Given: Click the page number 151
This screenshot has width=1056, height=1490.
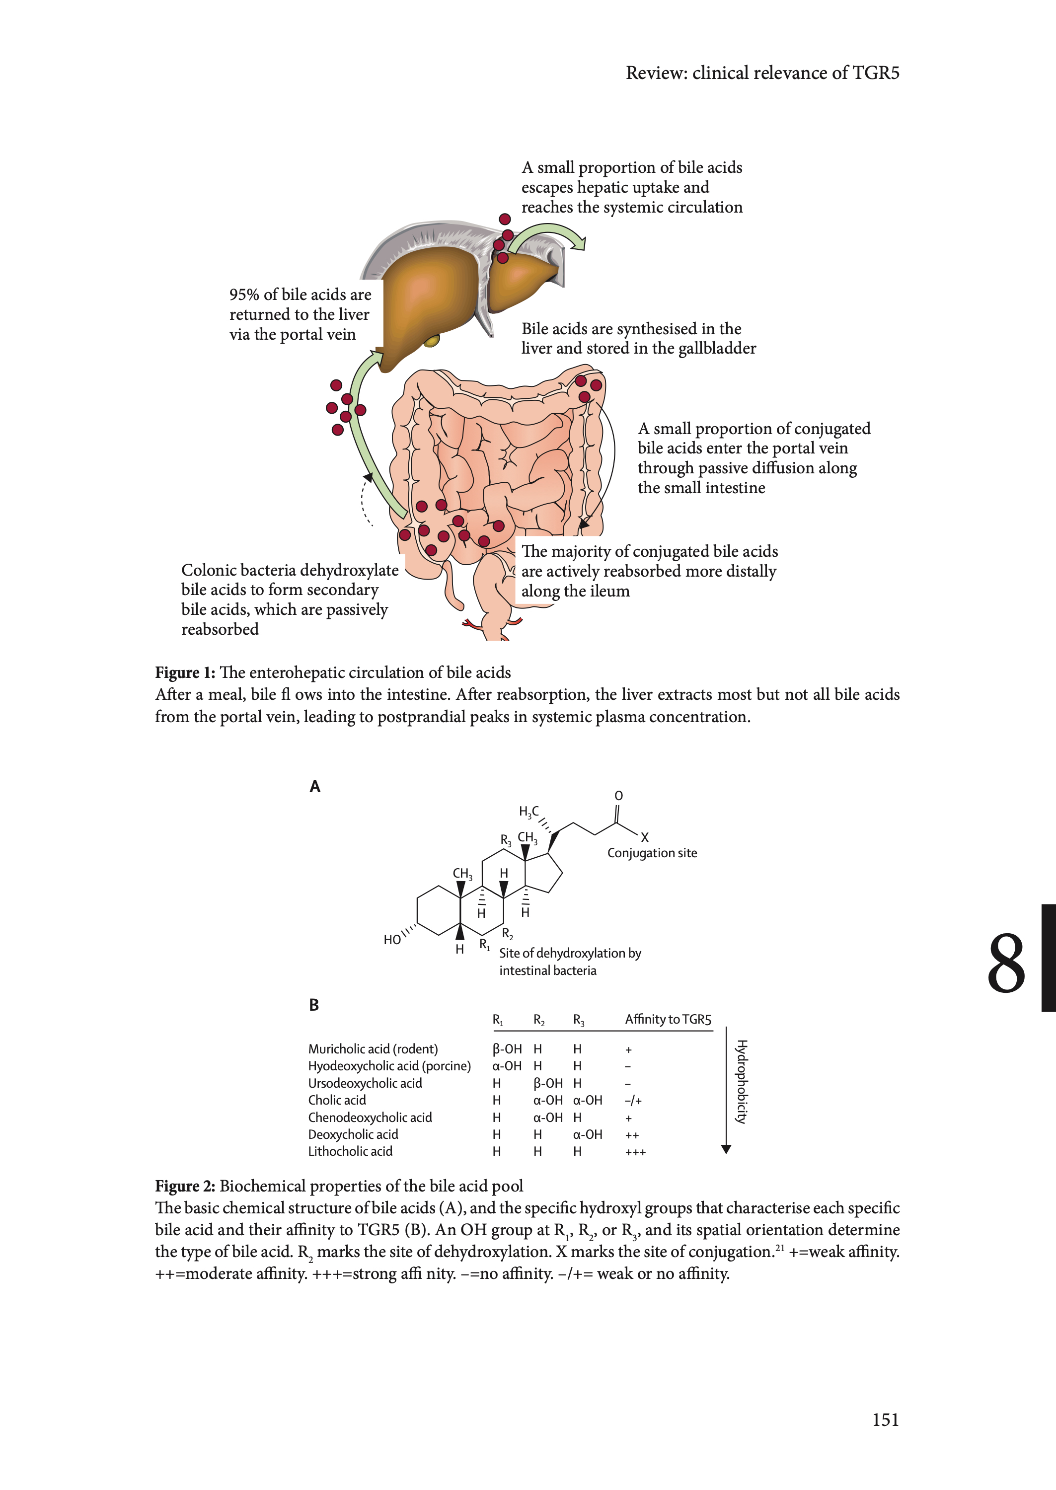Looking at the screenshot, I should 885,1420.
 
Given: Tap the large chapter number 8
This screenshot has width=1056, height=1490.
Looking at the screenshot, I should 1006,964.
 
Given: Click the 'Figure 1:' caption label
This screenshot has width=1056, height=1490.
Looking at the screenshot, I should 185,672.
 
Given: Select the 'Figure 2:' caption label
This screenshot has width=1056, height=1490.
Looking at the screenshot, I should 185,1186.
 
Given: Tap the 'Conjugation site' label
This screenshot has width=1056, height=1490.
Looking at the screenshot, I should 652,853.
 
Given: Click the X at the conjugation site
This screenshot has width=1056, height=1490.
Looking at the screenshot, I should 644,837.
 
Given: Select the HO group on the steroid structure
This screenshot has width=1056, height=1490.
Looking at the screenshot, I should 392,939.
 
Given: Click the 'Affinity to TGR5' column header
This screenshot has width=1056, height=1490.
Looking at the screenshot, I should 668,1019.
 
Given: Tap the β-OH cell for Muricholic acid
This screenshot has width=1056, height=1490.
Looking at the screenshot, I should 507,1048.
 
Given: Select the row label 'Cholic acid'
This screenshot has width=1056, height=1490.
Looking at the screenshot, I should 337,1100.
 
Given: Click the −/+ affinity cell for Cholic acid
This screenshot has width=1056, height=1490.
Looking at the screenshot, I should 633,1101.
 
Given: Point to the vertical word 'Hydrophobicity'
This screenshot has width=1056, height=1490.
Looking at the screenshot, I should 741,1082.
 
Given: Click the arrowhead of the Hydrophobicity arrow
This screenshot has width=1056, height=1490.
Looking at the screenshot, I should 726,1149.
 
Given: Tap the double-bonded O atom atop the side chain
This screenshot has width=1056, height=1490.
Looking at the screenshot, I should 618,796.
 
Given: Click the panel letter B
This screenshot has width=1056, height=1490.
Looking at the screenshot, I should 314,1005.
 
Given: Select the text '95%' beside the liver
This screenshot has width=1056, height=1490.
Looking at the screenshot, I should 244,295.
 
